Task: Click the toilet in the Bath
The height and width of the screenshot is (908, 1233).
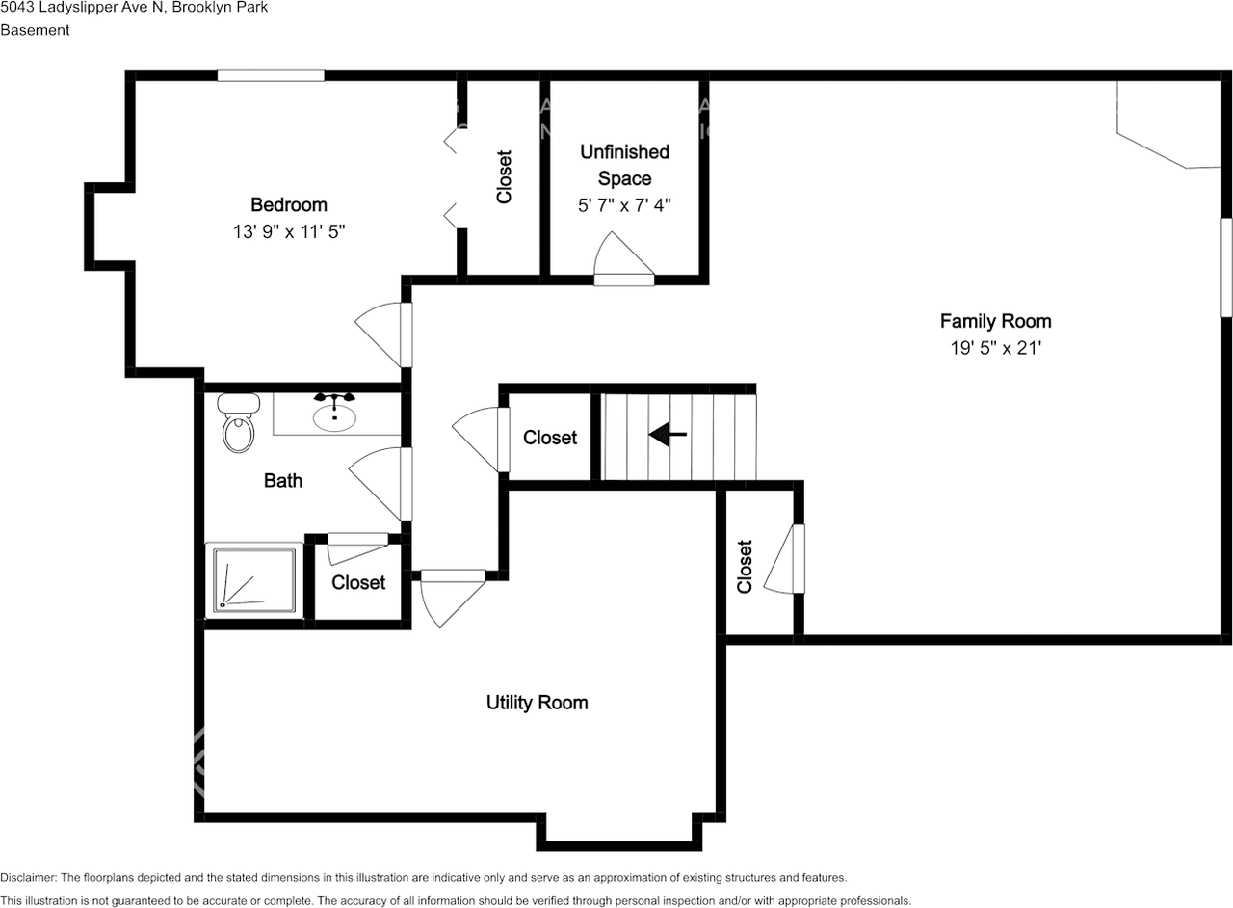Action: [x=238, y=422]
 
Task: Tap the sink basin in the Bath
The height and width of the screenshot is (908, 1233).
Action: [x=334, y=417]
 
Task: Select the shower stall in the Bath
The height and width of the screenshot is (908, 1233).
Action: [x=254, y=580]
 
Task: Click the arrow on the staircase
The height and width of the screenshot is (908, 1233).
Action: [x=668, y=434]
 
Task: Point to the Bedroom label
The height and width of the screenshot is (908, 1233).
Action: [x=289, y=205]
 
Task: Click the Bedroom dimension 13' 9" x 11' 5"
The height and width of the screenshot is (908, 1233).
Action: [x=289, y=232]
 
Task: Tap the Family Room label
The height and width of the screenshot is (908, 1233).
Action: [x=996, y=321]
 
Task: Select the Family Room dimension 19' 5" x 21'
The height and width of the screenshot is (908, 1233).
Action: [x=996, y=348]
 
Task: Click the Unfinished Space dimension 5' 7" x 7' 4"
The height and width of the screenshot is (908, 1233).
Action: [x=625, y=205]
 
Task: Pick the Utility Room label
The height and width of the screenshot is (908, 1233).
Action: [x=538, y=703]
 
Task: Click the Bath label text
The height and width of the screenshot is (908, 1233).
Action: [x=283, y=480]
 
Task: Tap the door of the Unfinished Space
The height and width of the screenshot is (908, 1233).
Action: [x=623, y=259]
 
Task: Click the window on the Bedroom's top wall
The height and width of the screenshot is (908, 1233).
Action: [x=271, y=75]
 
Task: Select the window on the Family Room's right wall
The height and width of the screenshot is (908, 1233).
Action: [x=1227, y=268]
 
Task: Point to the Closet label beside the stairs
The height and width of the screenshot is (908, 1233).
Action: [x=550, y=438]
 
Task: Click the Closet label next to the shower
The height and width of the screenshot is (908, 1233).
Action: [x=358, y=582]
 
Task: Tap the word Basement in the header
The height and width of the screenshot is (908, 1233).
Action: [x=35, y=30]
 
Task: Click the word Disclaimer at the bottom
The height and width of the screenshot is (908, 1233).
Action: [x=28, y=878]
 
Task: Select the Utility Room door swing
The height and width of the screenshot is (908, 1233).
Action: [x=453, y=599]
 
